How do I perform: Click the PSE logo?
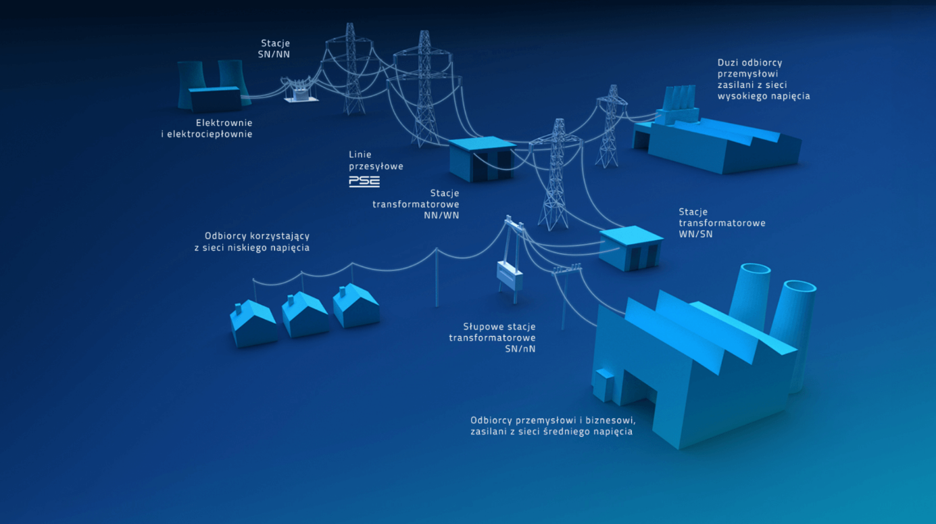click(364, 181)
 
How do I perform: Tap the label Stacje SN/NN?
click(274, 49)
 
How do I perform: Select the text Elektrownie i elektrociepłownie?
click(206, 128)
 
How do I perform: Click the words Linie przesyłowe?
click(376, 160)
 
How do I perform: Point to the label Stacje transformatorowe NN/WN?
click(416, 204)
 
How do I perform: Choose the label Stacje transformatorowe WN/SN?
click(722, 223)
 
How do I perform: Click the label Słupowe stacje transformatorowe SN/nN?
click(493, 337)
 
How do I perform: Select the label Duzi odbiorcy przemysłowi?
click(764, 79)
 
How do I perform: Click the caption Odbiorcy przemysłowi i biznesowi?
click(553, 425)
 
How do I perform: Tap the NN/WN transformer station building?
click(482, 159)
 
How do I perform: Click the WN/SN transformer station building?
click(631, 248)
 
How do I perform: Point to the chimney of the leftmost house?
click(237, 310)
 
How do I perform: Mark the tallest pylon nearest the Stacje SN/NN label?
click(351, 68)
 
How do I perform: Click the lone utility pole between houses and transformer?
click(436, 277)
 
